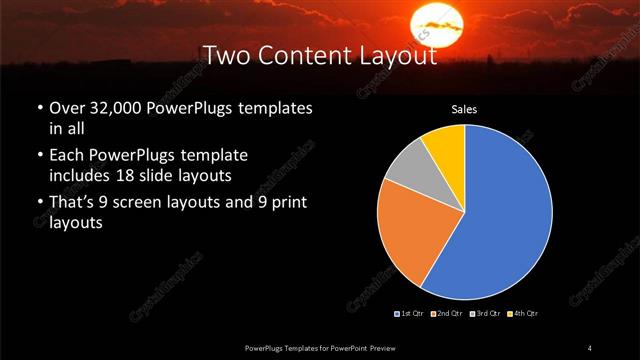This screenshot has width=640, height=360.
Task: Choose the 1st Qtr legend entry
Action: (409, 314)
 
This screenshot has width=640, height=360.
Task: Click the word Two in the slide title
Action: (224, 56)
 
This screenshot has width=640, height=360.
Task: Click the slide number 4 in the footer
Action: (590, 347)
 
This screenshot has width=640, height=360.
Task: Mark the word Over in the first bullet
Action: (66, 107)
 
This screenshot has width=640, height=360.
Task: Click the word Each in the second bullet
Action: (66, 156)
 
